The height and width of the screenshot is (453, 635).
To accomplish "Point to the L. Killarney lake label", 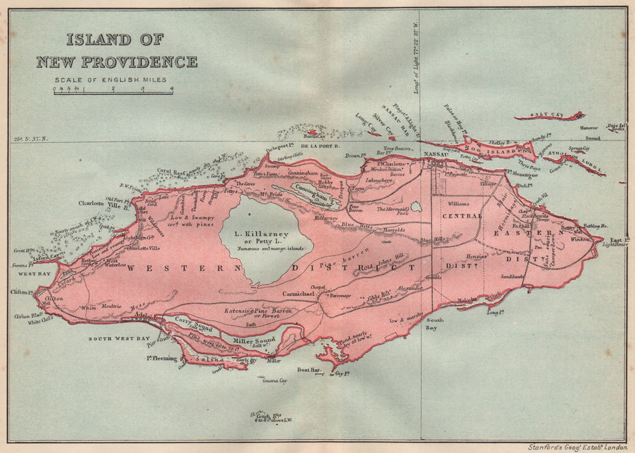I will coord(266,234).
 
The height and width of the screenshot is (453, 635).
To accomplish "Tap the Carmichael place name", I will coord(298,294).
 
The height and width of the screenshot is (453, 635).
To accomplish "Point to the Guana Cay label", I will coord(275,381).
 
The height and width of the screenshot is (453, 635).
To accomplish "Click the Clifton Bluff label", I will coord(29,315).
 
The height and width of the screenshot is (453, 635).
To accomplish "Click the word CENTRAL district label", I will coord(461,216).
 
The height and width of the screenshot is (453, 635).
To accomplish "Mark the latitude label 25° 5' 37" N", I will coord(33,139).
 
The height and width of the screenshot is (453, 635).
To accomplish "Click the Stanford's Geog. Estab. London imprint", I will coord(577,447).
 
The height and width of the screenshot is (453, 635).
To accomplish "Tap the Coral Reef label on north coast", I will coord(172,170).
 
